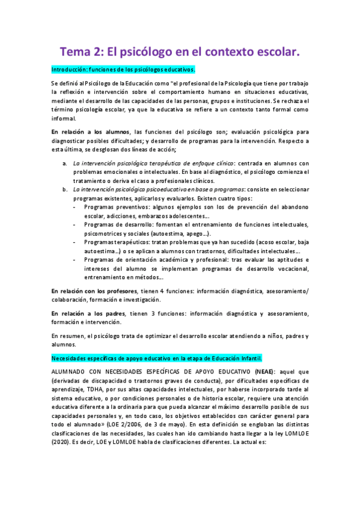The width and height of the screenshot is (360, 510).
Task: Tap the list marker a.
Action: [x=65, y=163]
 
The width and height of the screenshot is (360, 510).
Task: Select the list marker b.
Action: [x=65, y=190]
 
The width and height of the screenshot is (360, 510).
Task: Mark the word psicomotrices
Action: [x=93, y=233]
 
